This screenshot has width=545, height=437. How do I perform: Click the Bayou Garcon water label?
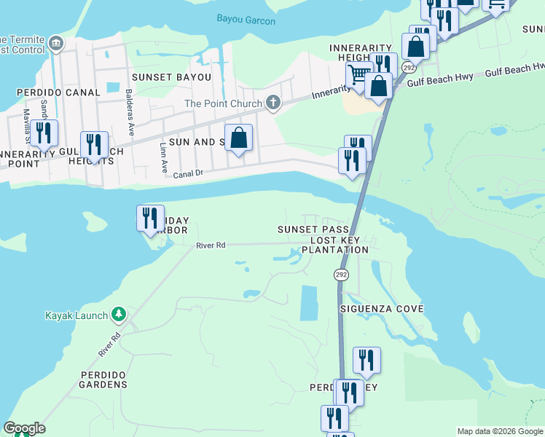246,21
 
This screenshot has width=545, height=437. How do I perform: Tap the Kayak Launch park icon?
119,315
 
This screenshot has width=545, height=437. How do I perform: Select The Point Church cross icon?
273,103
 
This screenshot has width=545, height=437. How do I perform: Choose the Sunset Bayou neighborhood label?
171,76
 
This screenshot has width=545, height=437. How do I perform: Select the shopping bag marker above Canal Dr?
239,137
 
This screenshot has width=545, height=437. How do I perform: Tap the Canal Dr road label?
187,175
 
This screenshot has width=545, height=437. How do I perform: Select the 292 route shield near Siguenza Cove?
341,275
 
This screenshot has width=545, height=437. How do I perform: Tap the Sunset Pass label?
308,229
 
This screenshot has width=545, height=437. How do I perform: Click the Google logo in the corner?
24,428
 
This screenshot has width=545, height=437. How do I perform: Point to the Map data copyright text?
500,431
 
